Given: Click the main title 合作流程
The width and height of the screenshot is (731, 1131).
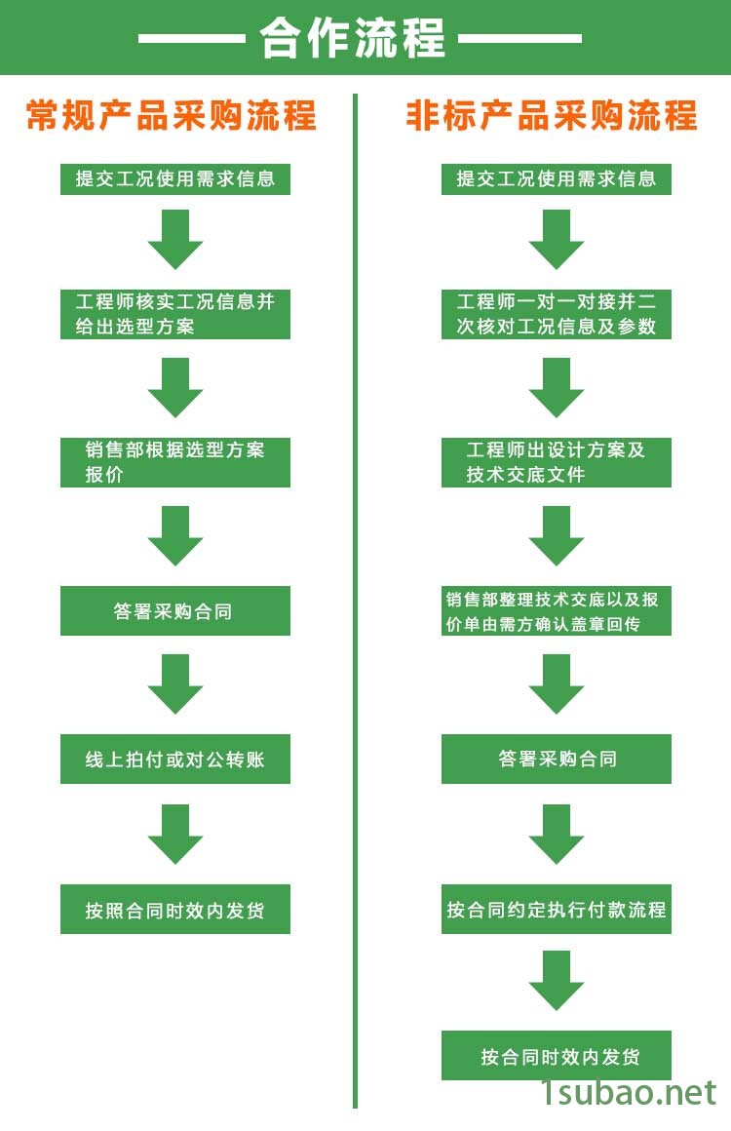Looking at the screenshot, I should click(x=352, y=38).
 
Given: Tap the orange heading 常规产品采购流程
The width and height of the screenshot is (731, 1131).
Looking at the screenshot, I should click(x=172, y=115).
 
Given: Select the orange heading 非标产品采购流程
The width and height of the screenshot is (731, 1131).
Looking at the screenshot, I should click(x=552, y=115).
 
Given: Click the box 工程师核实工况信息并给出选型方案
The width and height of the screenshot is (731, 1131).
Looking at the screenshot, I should click(x=175, y=314).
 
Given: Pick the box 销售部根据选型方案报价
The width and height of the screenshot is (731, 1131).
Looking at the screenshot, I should click(x=175, y=462).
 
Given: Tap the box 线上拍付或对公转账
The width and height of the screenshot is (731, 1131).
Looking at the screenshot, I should click(x=175, y=760).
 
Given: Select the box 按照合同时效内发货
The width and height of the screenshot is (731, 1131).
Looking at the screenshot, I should click(x=175, y=910).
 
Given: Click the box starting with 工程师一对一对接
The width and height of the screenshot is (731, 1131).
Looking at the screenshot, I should click(x=557, y=314).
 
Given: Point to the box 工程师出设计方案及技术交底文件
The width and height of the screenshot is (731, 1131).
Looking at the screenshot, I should click(x=557, y=462).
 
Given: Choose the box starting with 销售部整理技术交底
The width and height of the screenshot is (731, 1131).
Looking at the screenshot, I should click(x=557, y=611).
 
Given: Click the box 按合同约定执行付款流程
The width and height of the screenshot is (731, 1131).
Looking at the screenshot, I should click(x=557, y=910).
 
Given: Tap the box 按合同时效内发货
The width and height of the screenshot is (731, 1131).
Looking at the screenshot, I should click(x=557, y=1056).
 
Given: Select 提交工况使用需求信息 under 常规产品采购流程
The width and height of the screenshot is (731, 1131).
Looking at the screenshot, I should click(x=175, y=179).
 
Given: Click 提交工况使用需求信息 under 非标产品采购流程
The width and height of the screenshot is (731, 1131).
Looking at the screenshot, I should click(x=557, y=179).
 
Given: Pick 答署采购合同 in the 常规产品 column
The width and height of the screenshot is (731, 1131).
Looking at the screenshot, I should click(x=175, y=611).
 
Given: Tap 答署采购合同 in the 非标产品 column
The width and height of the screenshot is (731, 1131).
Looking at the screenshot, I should click(x=557, y=760).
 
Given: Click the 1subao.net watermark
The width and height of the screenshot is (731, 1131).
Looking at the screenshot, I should click(x=629, y=1093).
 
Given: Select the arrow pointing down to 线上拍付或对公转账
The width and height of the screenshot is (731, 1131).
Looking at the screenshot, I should click(x=175, y=684).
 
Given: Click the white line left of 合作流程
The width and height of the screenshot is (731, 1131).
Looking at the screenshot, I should click(x=191, y=39).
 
